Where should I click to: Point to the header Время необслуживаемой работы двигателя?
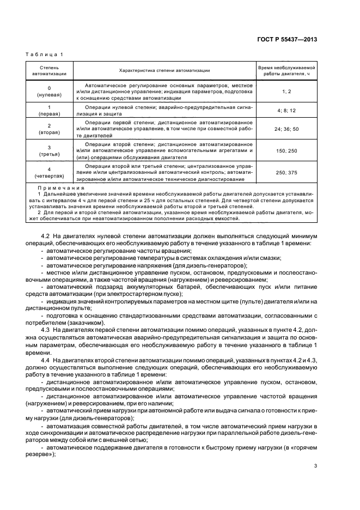point(286,70)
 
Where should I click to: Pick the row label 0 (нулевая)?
point(49,91)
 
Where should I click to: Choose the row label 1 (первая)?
point(49,111)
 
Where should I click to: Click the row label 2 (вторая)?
point(49,129)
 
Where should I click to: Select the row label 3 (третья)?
point(49,150)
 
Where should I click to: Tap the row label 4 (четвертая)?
point(49,173)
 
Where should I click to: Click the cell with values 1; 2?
point(286,91)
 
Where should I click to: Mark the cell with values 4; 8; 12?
point(286,111)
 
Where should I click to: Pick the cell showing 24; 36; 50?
point(286,129)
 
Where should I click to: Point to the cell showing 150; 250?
point(286,150)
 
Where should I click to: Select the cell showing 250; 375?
point(286,173)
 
